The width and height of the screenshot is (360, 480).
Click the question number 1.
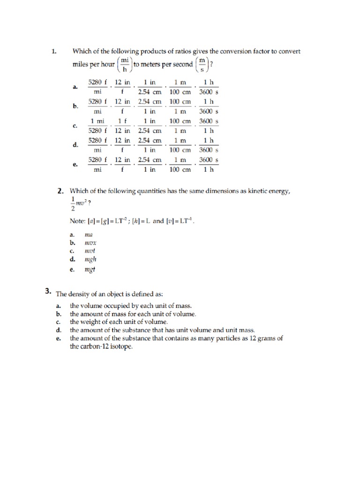click(x=54, y=51)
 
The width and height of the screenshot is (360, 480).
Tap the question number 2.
click(x=60, y=191)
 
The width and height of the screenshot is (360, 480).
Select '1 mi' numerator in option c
click(x=97, y=121)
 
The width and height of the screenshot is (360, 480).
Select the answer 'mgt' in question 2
click(x=90, y=270)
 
